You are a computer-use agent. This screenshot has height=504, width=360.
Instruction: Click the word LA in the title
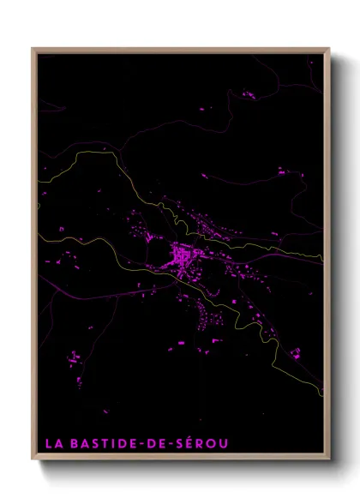point(53,443)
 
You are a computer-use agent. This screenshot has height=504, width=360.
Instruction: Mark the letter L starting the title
point(48,443)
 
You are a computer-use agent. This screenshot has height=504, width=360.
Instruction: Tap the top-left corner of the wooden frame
point(33,49)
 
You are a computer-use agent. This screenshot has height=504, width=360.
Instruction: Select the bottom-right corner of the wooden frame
point(329,460)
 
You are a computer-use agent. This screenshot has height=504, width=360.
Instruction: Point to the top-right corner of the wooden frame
point(329,49)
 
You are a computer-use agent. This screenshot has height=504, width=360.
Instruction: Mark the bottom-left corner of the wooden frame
point(33,460)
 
